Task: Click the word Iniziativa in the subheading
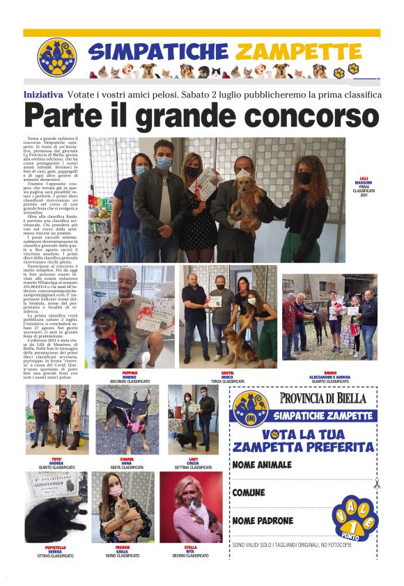pyautogui.click(x=43, y=94)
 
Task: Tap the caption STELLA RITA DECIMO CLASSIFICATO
pyautogui.click(x=190, y=551)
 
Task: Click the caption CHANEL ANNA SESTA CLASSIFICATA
pyautogui.click(x=127, y=463)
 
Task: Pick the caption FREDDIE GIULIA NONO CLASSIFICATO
pyautogui.click(x=122, y=551)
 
